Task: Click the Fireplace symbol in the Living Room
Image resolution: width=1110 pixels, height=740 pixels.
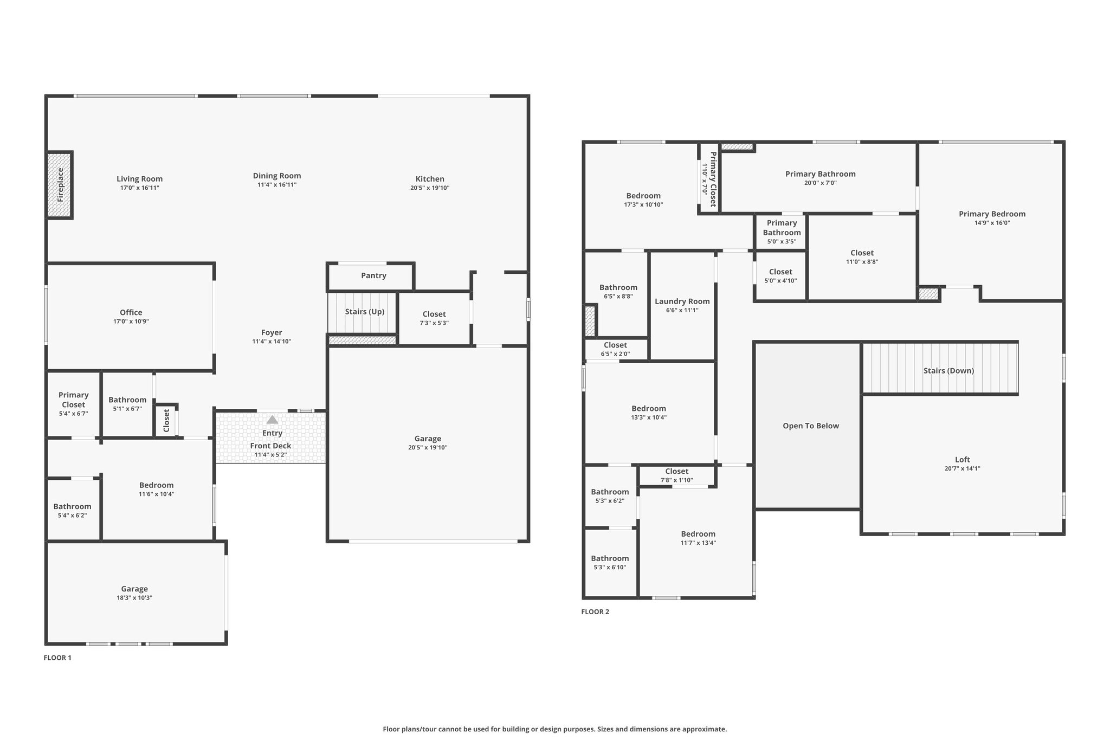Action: pos(60,185)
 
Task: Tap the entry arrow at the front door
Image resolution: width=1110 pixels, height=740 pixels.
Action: pos(272,420)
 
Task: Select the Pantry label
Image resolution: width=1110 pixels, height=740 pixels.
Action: pos(373,275)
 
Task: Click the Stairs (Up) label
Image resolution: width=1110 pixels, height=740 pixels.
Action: pos(364,312)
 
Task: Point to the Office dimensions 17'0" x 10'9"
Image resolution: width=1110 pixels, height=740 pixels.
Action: pos(131,321)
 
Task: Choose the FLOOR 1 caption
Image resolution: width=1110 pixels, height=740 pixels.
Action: pos(57,658)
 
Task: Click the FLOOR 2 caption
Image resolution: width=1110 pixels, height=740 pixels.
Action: pos(595,612)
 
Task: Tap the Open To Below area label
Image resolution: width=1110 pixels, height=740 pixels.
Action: pos(810,426)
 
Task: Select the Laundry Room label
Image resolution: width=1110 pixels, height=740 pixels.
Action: pos(682,301)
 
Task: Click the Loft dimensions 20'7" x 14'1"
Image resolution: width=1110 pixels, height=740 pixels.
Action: pos(962,468)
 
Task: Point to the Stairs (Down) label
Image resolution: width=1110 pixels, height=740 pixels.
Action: pos(948,371)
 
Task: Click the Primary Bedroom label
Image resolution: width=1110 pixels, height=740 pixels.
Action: pos(992,214)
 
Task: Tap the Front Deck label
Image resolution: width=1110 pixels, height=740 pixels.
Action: pos(270,446)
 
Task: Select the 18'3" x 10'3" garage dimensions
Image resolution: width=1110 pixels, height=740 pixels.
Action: pos(134,597)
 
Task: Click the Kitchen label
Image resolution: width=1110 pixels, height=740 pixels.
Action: pos(430,179)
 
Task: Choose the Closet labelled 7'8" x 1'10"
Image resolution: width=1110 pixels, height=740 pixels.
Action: pos(676,471)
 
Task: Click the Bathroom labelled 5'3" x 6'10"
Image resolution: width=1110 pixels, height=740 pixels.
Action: pos(610,558)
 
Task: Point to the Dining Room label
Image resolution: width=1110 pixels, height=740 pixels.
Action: pos(276,176)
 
